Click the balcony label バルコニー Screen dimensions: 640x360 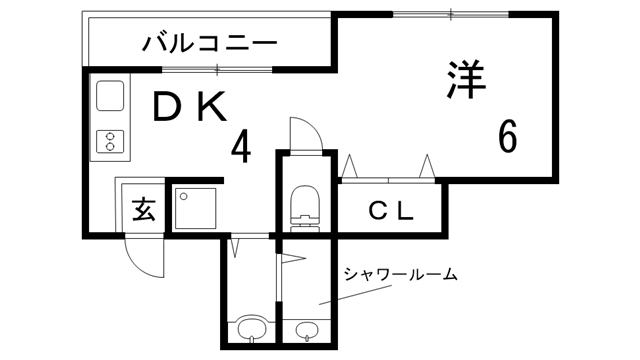[209, 43]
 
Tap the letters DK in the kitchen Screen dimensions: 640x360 [191, 107]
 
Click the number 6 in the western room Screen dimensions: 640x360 [507, 136]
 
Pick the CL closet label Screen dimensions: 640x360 [391, 210]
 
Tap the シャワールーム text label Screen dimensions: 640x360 [400, 273]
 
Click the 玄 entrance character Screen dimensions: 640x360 [143, 210]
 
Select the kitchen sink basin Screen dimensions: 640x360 [108, 97]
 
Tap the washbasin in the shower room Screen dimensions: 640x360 [306, 330]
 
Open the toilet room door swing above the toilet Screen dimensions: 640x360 [303, 134]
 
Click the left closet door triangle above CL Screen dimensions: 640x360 [350, 166]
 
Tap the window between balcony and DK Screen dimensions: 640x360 [217, 68]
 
